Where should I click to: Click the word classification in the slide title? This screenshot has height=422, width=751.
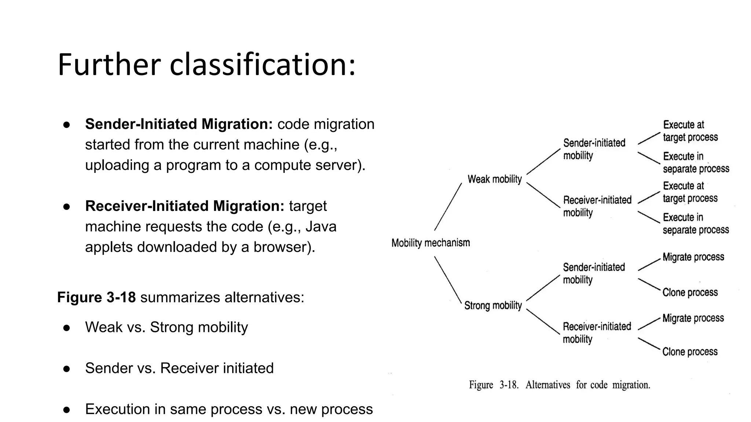(262, 65)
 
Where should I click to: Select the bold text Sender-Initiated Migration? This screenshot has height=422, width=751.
(179, 124)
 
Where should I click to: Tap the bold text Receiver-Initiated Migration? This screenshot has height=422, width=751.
(184, 206)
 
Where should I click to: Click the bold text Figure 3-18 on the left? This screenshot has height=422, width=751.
(96, 297)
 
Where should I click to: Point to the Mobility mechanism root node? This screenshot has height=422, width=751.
(431, 243)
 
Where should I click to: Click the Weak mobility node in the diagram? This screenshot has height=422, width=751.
(494, 179)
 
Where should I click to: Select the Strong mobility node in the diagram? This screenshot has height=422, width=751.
(493, 306)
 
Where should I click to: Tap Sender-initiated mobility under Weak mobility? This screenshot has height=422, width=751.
(594, 149)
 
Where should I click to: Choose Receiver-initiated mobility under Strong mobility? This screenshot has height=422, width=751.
(597, 333)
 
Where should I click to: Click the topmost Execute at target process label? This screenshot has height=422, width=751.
(690, 131)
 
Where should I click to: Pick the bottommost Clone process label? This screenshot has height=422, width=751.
(689, 352)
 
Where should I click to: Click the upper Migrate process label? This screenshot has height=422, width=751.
(693, 257)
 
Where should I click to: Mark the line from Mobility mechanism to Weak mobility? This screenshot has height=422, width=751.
(448, 207)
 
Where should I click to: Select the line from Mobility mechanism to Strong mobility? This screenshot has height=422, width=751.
(448, 280)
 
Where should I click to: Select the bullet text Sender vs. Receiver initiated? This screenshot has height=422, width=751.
(179, 368)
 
